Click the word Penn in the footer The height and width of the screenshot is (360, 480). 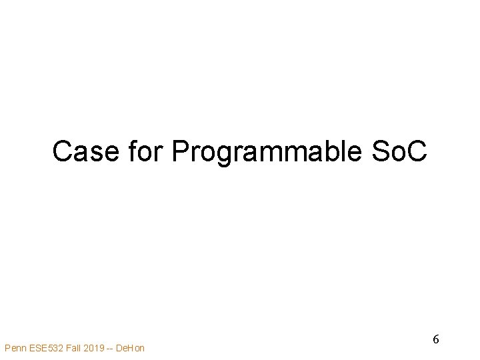(x=15, y=347)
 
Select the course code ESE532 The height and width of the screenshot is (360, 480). (x=46, y=347)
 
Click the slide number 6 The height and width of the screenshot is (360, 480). (x=436, y=339)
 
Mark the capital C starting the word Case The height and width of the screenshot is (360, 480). (x=63, y=151)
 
